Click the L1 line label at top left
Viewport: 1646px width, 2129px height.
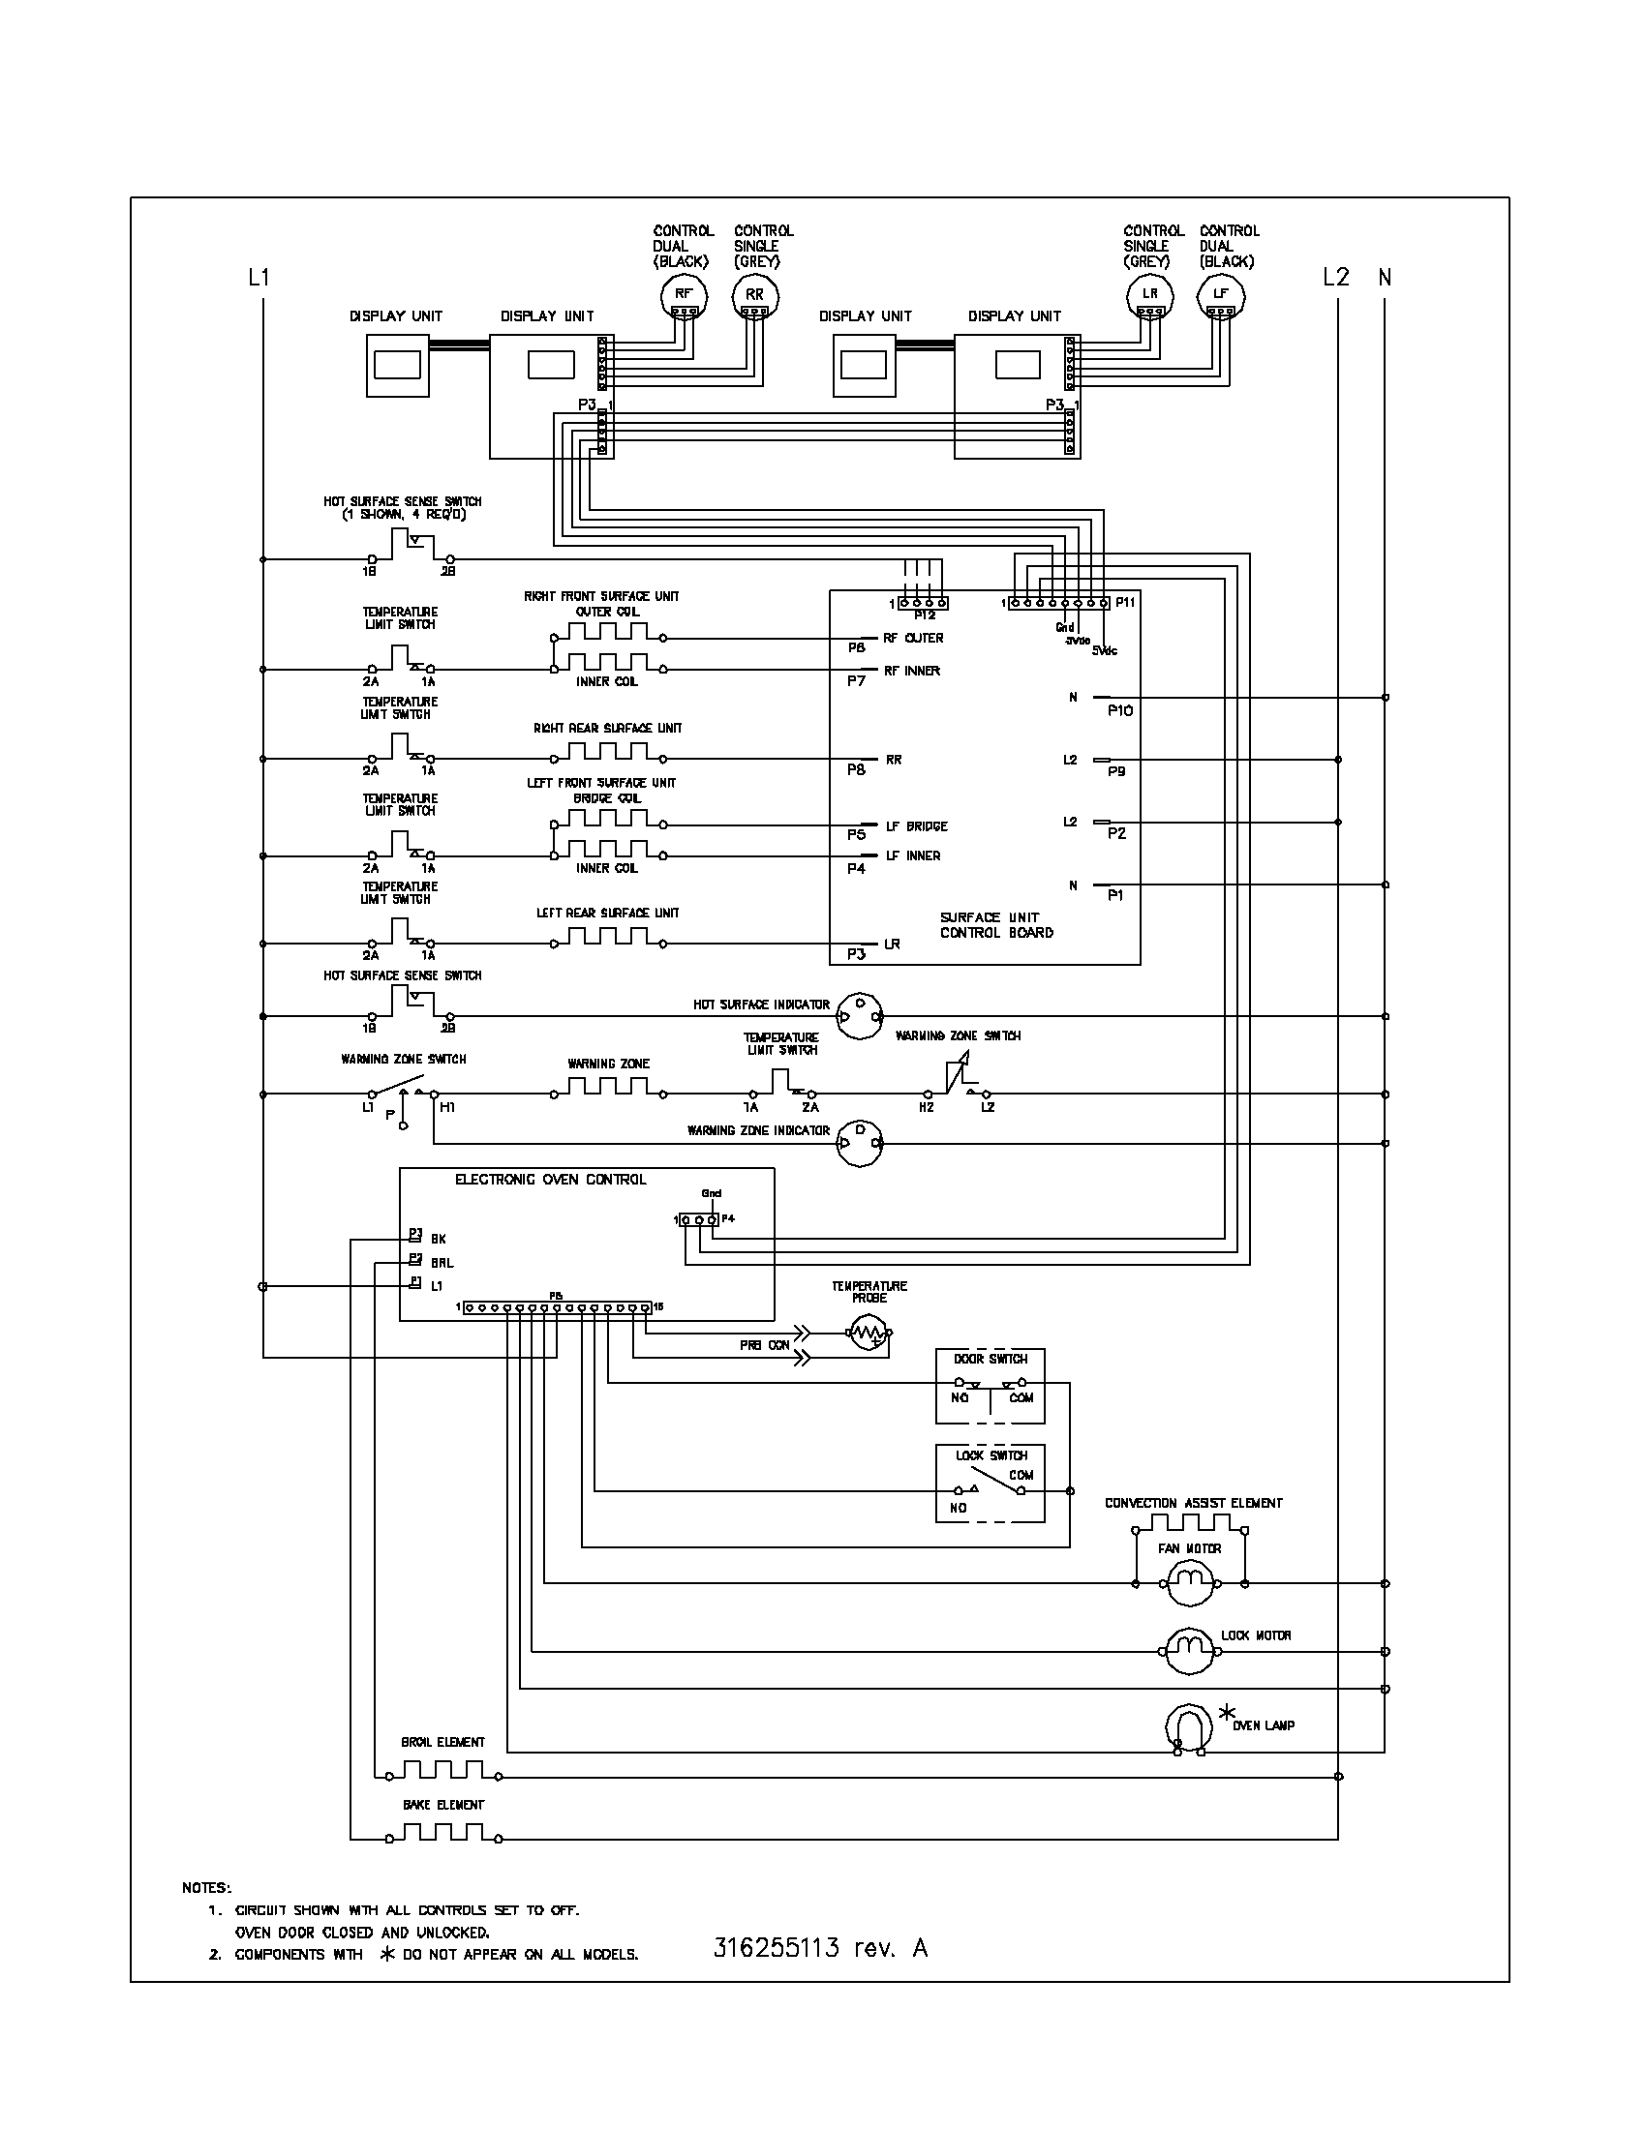pos(258,278)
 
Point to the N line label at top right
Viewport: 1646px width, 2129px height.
pos(1384,278)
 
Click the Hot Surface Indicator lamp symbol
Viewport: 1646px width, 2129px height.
pos(860,1016)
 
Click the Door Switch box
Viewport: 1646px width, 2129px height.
pos(990,1386)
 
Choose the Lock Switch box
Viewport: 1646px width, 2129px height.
pos(990,1483)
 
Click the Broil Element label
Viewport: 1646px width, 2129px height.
pos(442,1742)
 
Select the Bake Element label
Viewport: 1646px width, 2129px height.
pos(442,1805)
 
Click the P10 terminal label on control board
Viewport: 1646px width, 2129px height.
pos(1120,710)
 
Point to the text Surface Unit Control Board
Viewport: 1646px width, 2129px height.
pos(995,925)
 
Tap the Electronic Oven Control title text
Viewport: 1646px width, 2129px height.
pos(550,1180)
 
